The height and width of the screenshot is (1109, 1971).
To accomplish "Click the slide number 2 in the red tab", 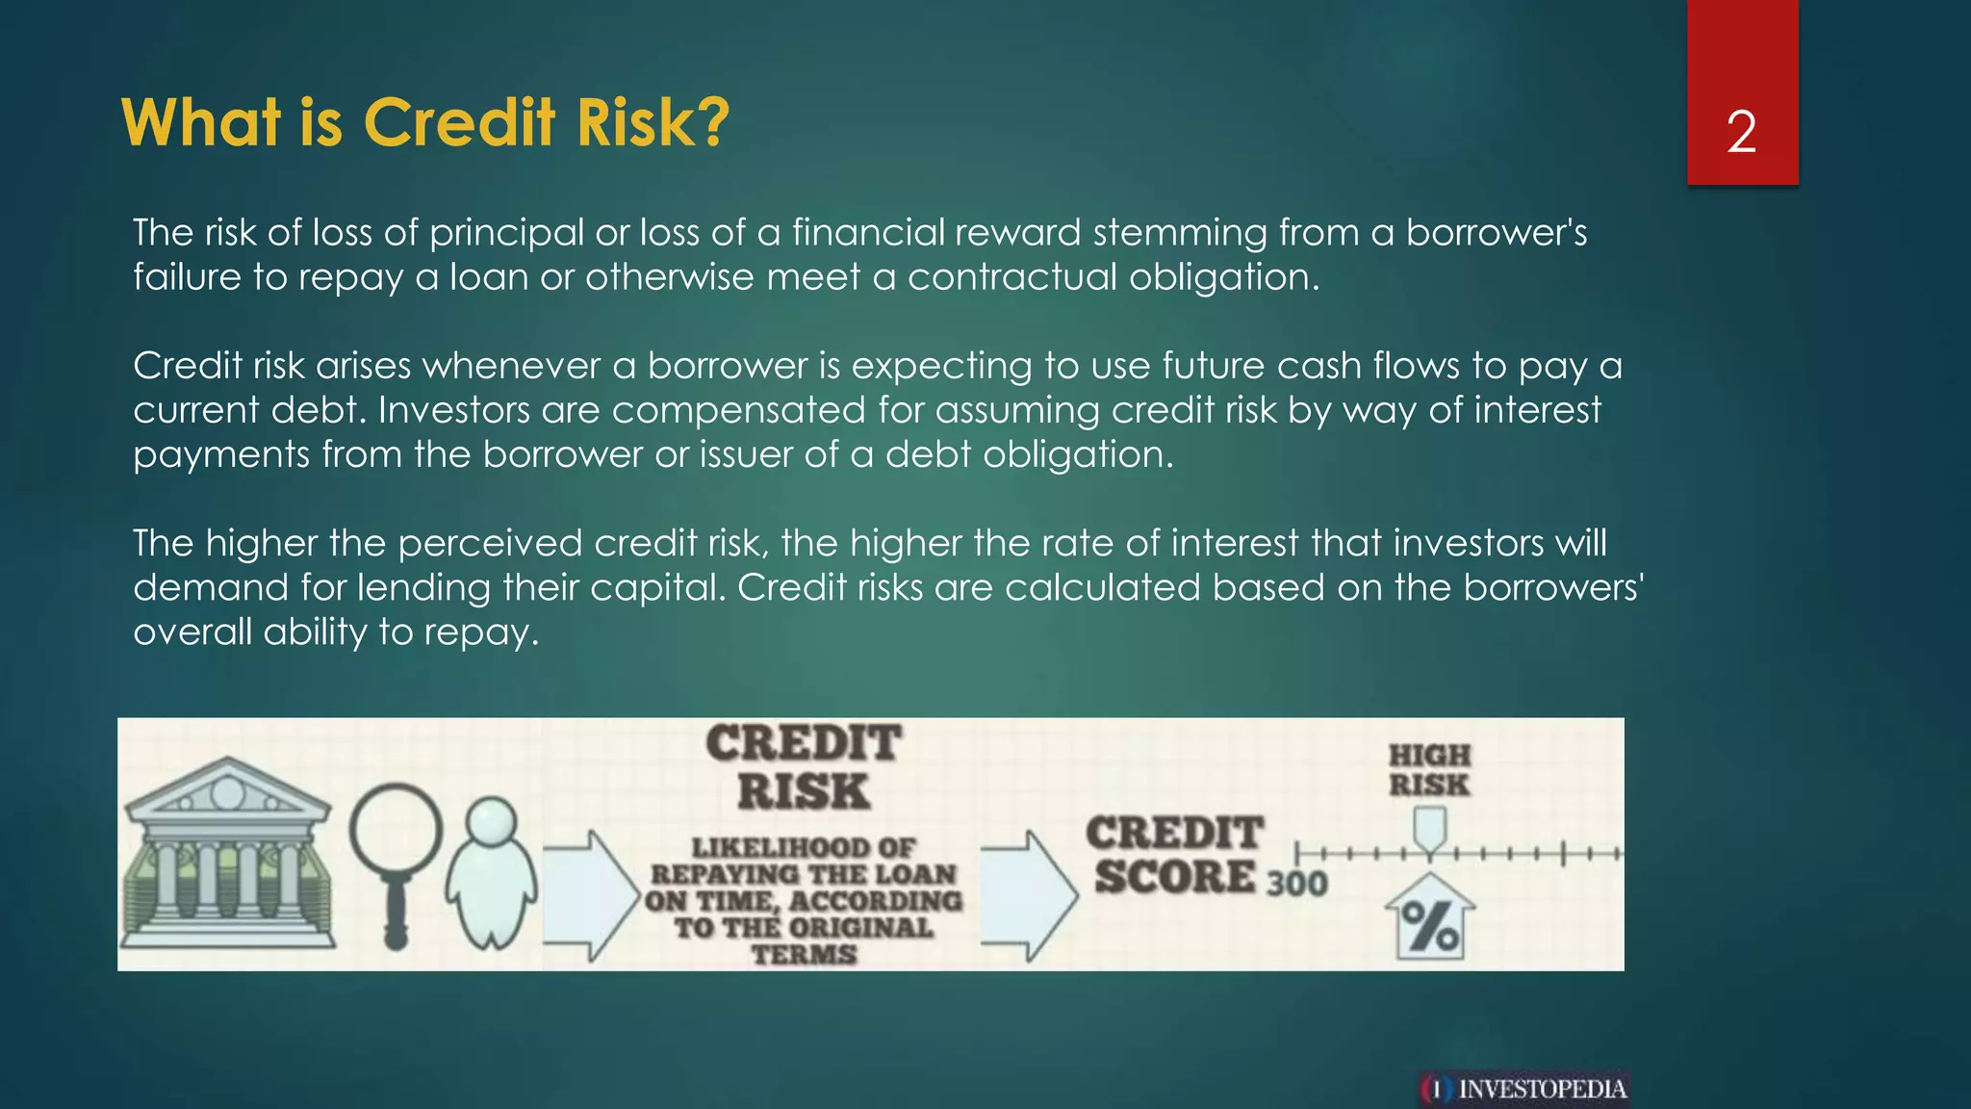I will click(1741, 132).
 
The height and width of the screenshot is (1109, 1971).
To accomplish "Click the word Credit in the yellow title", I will click(459, 123).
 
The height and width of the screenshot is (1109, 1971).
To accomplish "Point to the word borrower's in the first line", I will click(1496, 233).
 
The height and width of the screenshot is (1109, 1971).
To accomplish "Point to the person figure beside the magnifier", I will click(491, 871).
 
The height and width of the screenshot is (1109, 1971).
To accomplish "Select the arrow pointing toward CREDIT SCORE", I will click(1028, 895).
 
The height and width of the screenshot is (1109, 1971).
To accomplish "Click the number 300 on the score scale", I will click(1296, 883).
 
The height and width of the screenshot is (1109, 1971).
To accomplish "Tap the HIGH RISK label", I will click(1429, 769).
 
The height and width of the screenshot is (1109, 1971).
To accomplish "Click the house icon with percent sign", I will click(1429, 918).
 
